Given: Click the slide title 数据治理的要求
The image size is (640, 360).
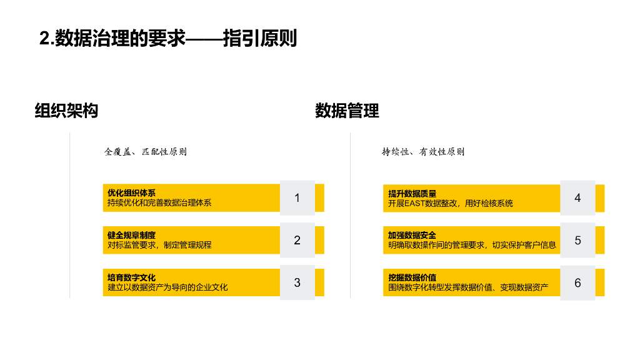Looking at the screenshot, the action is (167, 39).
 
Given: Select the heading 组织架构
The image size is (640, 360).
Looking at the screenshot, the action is (66, 111).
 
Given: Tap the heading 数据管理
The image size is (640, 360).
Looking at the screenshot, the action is (347, 111).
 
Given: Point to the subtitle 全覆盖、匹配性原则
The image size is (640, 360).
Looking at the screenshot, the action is (145, 152).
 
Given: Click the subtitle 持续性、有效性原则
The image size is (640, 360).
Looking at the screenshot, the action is (423, 152).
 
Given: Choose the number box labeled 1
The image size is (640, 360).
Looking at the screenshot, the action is (297, 197).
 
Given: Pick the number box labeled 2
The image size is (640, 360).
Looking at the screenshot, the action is (297, 240).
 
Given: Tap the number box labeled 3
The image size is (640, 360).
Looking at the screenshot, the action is (297, 282).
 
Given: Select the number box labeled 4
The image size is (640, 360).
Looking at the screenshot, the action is (577, 197).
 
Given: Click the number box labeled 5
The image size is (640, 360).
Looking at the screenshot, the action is (577, 240).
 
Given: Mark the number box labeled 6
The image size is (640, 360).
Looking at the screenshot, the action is (577, 282).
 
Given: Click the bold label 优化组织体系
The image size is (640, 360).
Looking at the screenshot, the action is (131, 193).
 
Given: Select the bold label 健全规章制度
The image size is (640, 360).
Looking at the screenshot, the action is (131, 236).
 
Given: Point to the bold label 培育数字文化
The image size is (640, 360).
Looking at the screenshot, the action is (131, 278).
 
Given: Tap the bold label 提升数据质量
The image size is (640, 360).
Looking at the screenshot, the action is (412, 193).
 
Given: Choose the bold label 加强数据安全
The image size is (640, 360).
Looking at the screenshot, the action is (412, 236).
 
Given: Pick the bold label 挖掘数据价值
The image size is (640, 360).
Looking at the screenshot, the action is (412, 278).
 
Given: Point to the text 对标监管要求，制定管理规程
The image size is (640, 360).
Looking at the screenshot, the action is (159, 245).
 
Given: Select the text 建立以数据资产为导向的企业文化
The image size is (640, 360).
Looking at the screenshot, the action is (167, 287).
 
